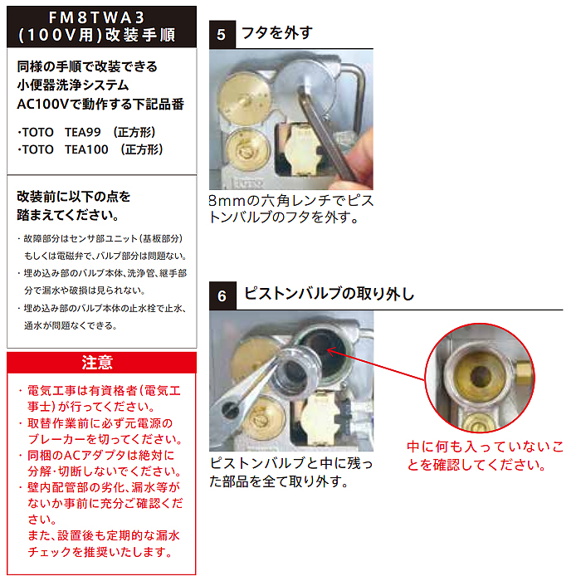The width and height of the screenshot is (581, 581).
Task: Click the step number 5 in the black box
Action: (x=222, y=35)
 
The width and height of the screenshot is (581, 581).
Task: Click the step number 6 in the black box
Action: (x=222, y=296)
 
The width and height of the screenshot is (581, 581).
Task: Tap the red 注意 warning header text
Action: (x=97, y=362)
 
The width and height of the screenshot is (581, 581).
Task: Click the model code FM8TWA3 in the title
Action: (x=97, y=17)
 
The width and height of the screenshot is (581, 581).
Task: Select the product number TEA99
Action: (x=83, y=132)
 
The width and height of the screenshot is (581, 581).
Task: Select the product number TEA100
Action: (x=86, y=149)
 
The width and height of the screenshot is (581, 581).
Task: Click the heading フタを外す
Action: (x=277, y=33)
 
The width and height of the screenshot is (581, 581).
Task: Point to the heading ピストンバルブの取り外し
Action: (x=330, y=294)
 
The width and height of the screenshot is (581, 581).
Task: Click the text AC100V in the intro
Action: (x=43, y=104)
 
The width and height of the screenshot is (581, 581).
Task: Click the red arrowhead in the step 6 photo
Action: (x=331, y=351)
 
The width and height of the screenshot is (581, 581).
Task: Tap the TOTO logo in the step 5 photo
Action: (x=248, y=183)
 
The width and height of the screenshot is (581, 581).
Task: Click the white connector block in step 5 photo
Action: (x=303, y=149)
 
